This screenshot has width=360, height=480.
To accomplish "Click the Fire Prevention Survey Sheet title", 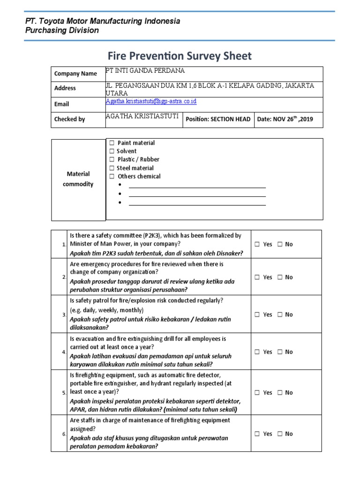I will [x=180, y=56].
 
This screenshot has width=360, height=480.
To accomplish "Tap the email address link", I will [x=151, y=101].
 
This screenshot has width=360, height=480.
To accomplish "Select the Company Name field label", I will [x=75, y=74].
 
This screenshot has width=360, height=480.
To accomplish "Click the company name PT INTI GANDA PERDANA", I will [x=145, y=71].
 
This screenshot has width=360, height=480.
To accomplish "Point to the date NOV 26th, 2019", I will [x=284, y=119].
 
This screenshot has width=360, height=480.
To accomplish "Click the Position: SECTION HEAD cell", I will [x=218, y=119].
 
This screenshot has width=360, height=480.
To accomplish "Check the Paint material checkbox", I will [x=112, y=143].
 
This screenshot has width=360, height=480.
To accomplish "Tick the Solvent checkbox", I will [x=112, y=151].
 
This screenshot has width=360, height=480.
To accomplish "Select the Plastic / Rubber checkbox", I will [x=112, y=160].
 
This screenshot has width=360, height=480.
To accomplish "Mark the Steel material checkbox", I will [x=112, y=168].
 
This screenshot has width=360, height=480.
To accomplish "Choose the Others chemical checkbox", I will [x=112, y=177].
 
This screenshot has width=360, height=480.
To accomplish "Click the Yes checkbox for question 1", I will [x=257, y=244].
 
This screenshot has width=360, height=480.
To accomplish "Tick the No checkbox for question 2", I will [x=279, y=277].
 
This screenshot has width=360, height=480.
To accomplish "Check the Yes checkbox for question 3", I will [x=257, y=315].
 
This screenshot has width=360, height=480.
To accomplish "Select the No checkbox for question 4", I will [x=279, y=352].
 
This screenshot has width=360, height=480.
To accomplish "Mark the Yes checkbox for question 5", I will [x=257, y=393].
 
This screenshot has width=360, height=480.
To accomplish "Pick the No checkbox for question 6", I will [x=279, y=434].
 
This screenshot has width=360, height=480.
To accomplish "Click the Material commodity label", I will [x=78, y=179].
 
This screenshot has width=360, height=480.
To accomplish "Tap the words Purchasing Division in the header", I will [x=62, y=30].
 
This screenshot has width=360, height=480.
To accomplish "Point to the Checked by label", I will [x=69, y=119].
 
